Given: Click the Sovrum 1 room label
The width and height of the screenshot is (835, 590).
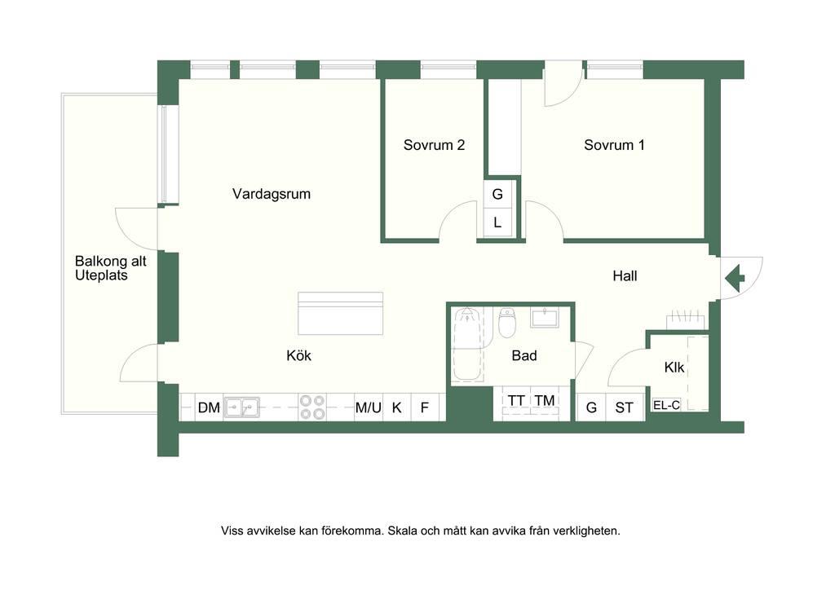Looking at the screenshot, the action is [614, 145].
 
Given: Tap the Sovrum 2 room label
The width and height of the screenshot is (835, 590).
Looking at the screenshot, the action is [434, 145].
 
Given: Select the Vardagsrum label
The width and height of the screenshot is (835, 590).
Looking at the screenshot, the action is [271, 194].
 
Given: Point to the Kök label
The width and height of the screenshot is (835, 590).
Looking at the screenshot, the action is [298, 355].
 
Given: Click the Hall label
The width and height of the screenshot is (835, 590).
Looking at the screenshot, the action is [625, 275].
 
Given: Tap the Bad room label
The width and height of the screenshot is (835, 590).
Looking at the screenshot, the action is [524, 355].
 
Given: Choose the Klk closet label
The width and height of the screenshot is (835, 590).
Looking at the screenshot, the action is [674, 367].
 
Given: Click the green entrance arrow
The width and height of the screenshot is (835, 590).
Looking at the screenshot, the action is [735, 278].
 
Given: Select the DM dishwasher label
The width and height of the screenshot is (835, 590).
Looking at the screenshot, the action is [209, 407].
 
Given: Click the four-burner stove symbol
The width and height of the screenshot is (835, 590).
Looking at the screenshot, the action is [312, 407].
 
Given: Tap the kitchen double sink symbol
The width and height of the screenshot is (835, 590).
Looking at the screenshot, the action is [241, 407].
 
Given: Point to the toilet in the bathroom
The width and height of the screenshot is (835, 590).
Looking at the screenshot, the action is [507, 323].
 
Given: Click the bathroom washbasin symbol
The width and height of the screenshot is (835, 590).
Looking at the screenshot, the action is [544, 318].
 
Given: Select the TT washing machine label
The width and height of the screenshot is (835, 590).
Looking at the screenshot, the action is [516, 400].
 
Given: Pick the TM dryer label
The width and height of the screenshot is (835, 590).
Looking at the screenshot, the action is [545, 400].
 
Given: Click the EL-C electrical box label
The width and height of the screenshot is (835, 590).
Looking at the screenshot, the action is [666, 405].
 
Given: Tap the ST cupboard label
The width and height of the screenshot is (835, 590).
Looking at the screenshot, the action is [624, 407].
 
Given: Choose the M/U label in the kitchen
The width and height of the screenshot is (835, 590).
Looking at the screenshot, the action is [369, 407].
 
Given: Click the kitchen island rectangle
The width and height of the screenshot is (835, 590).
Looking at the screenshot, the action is [340, 314].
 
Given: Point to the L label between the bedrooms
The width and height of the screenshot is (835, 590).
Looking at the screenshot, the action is [497, 222].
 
